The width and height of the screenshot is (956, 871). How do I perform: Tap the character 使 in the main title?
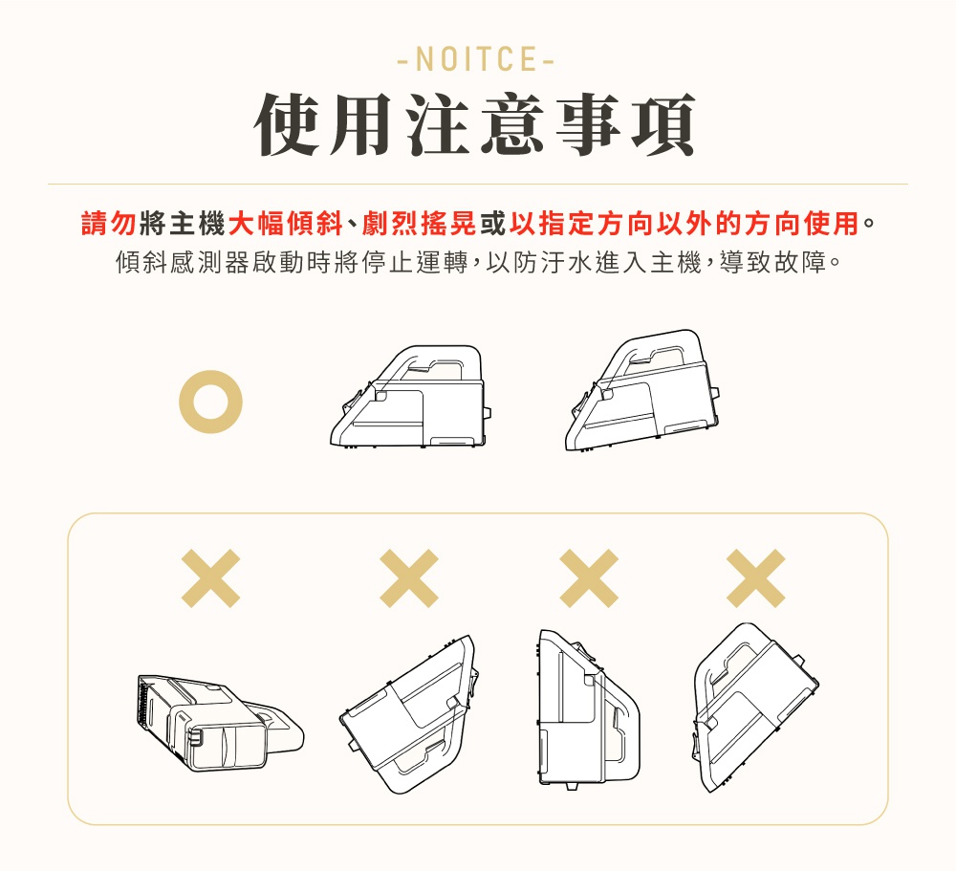(287, 124)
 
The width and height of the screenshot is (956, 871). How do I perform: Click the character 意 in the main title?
(512, 124)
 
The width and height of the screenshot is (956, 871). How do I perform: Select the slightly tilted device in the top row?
(642, 390)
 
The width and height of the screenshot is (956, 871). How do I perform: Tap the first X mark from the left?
(211, 578)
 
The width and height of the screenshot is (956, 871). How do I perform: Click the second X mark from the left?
(409, 578)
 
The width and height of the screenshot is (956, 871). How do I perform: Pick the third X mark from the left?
(589, 578)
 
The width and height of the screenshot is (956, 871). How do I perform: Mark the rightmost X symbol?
(756, 578)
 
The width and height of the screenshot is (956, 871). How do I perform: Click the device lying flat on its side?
(220, 723)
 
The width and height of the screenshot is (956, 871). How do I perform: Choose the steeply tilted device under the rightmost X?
(755, 708)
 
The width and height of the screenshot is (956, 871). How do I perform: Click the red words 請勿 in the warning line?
(109, 223)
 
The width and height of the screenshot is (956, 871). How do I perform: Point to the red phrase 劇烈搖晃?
(420, 223)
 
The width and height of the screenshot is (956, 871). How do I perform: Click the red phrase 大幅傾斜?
(285, 223)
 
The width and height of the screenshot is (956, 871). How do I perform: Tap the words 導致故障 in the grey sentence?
(773, 262)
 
